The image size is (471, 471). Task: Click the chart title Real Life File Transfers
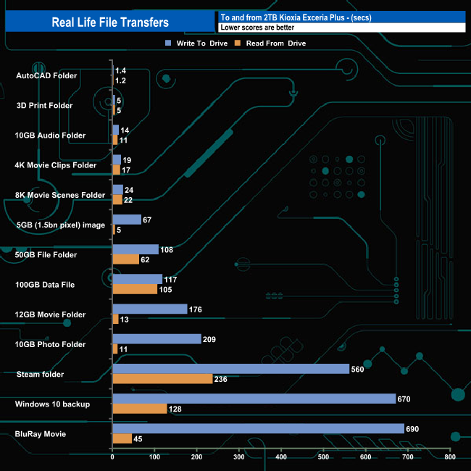point(110,22)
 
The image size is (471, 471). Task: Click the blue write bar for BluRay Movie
point(258,429)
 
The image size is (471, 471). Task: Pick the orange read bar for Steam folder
point(162,378)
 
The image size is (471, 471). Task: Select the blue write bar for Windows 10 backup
point(254,399)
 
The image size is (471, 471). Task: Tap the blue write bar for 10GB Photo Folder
point(157,338)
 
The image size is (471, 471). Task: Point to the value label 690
point(414,429)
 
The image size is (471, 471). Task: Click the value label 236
point(222,379)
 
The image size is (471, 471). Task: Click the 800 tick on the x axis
point(449,458)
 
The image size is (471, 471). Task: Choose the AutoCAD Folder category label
point(46,76)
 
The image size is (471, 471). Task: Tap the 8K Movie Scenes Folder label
point(59,195)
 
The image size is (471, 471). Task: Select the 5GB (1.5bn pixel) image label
point(60,225)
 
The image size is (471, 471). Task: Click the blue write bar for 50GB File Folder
point(136,249)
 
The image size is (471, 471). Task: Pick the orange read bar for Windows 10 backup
point(140,409)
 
